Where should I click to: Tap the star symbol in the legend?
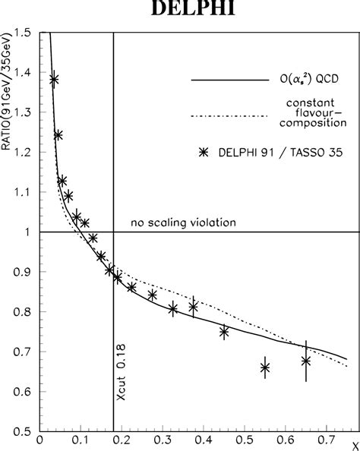[x=202, y=152]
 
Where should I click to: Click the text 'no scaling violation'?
[x=183, y=223]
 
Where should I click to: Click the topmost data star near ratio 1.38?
[x=53, y=79]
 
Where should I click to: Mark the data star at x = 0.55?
[x=265, y=367]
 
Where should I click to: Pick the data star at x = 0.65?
[x=306, y=361]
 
